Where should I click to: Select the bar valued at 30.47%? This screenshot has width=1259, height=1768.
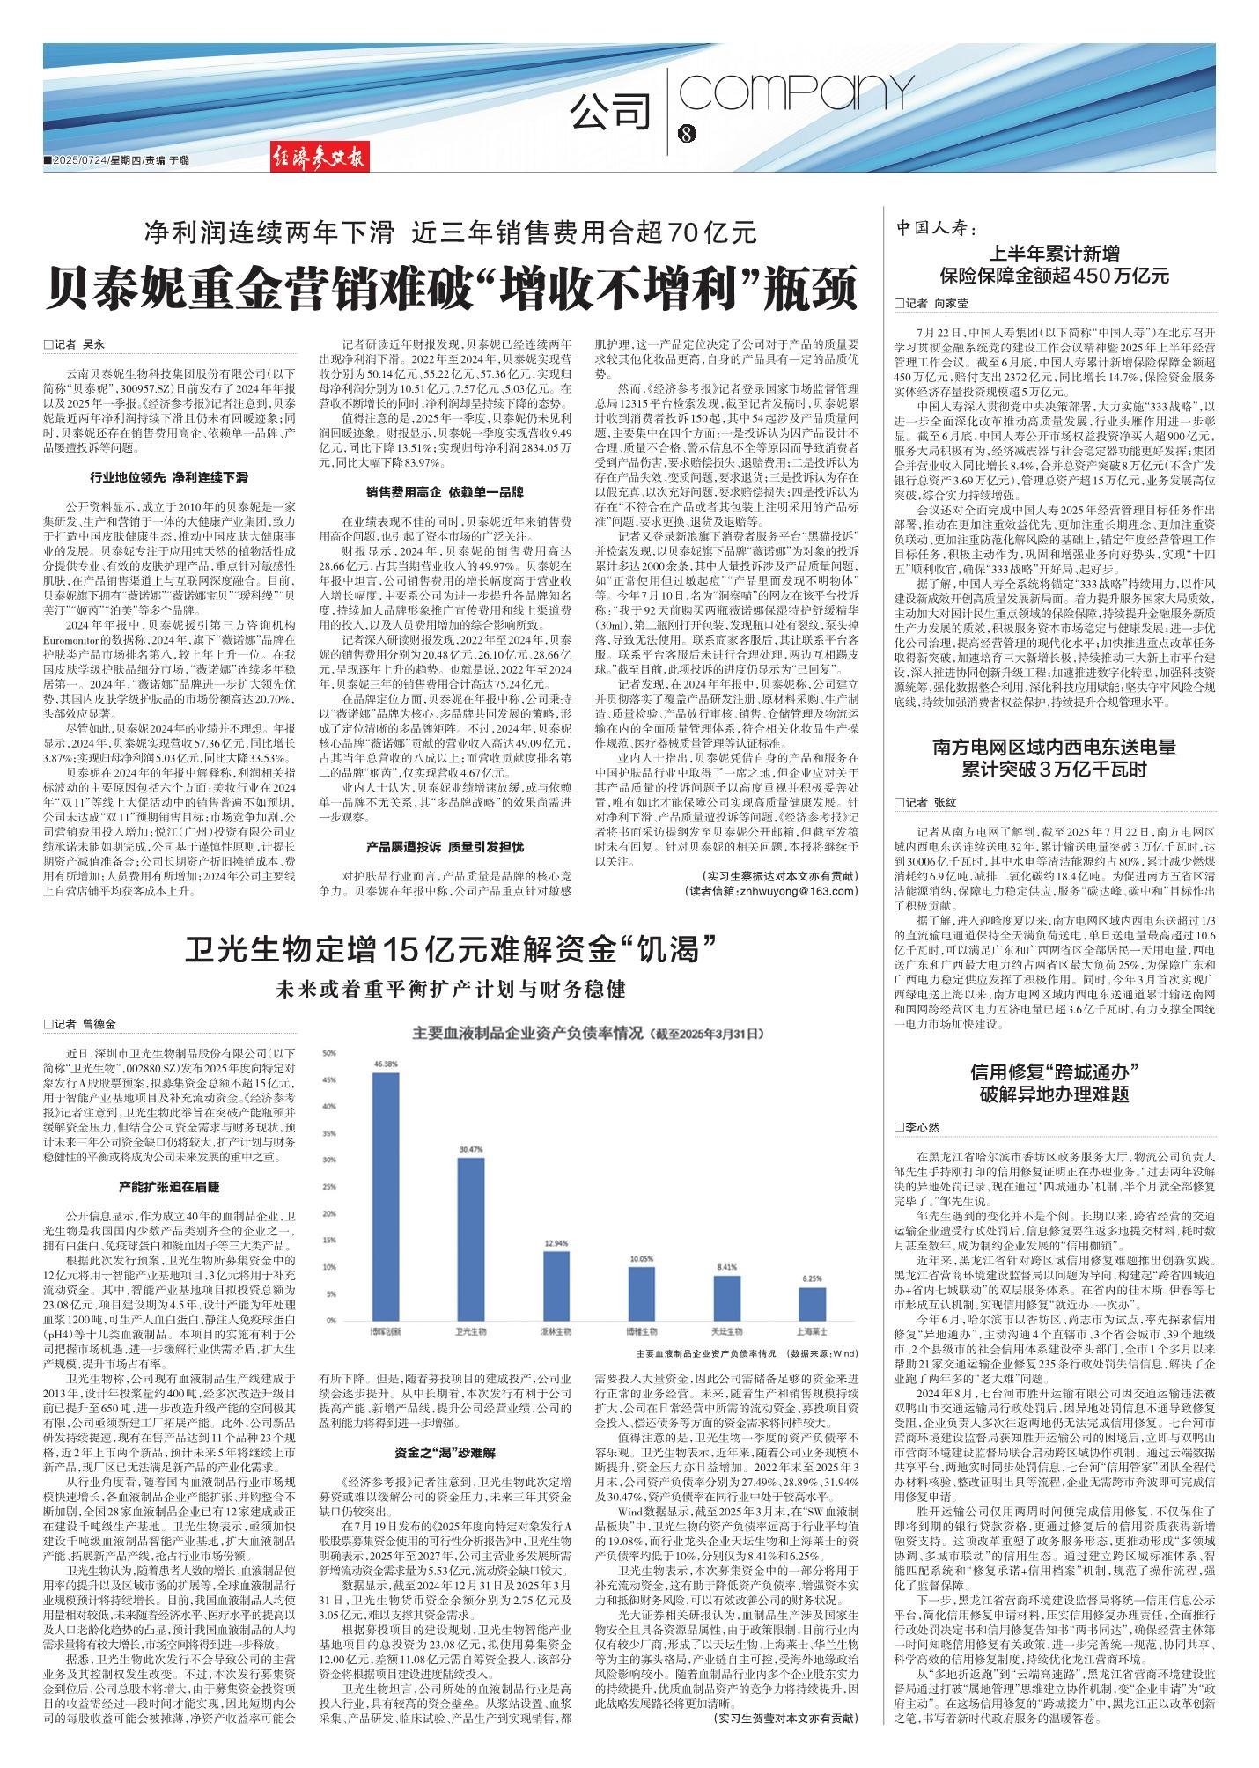tap(471, 1238)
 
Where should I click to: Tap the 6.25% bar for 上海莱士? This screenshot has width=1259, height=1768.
tap(812, 1302)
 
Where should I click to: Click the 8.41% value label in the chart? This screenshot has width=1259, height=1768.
tap(726, 1266)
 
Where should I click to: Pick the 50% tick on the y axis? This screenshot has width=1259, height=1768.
tap(329, 1054)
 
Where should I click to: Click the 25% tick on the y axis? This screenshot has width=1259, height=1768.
tap(329, 1188)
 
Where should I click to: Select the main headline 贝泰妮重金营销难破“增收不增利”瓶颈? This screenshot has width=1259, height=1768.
tap(451, 288)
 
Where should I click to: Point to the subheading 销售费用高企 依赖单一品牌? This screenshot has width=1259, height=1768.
tap(444, 491)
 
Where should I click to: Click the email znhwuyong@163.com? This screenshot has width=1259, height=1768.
tap(771, 891)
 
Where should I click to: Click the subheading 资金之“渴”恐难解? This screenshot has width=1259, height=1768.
tap(445, 1452)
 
